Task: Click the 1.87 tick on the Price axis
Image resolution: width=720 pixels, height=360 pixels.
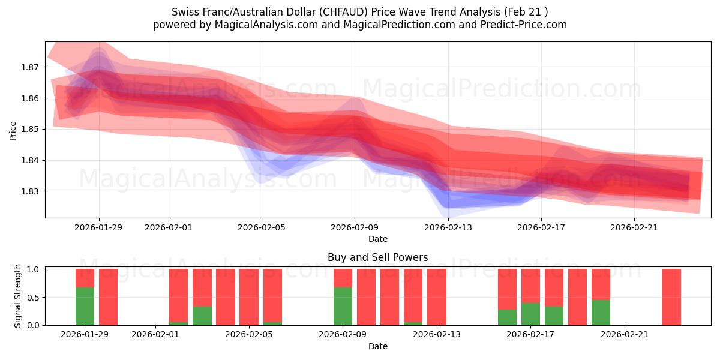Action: [31, 67]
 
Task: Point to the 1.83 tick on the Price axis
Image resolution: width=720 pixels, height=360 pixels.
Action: [31, 191]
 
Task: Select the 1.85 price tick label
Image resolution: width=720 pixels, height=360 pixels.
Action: [31, 129]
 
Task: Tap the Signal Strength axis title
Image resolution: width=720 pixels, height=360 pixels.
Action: [18, 296]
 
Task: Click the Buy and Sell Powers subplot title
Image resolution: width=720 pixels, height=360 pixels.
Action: [377, 257]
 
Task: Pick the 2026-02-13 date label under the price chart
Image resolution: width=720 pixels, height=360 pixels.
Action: [448, 227]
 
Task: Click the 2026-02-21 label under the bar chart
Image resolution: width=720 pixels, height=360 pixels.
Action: [625, 335]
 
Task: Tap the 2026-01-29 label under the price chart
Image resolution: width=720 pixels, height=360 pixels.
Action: [99, 227]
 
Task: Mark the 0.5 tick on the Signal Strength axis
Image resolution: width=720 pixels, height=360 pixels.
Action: [32, 297]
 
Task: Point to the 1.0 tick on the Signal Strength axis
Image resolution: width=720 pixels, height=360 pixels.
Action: [32, 269]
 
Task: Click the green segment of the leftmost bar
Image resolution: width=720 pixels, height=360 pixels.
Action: [85, 306]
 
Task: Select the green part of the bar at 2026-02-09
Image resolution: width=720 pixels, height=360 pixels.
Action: [343, 306]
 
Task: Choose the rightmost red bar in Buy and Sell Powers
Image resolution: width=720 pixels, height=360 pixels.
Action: [671, 297]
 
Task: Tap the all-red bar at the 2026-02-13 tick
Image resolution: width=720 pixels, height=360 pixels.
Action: [436, 297]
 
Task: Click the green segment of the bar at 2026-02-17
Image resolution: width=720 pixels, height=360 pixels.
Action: [530, 314]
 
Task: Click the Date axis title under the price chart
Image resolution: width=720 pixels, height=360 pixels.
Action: [377, 239]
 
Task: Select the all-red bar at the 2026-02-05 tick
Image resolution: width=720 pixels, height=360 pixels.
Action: [248, 297]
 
